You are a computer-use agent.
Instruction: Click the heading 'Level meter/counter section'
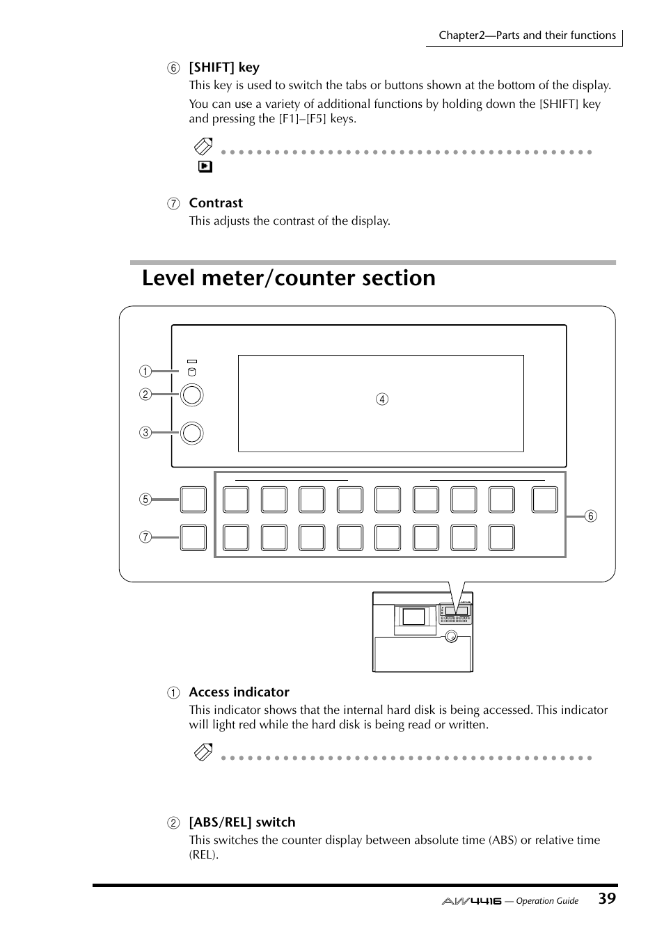[288, 278]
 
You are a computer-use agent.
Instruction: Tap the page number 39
[606, 898]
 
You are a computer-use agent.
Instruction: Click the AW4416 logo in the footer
[471, 900]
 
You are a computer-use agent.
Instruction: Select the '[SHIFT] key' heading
[223, 67]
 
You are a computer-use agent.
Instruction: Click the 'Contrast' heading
[216, 203]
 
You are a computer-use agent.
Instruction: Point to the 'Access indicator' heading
[239, 692]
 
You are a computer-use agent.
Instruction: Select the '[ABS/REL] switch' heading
[242, 822]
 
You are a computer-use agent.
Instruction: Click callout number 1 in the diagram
[145, 371]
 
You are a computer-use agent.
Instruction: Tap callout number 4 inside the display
[382, 399]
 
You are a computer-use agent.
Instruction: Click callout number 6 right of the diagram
[590, 516]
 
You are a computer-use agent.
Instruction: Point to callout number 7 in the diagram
[145, 537]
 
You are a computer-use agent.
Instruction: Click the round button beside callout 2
[191, 395]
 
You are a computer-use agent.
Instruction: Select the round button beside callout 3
[191, 433]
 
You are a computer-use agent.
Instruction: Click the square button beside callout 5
[193, 500]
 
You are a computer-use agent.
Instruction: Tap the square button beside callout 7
[193, 538]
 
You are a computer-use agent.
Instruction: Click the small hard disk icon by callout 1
[192, 372]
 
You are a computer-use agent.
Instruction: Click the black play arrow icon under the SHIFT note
[205, 167]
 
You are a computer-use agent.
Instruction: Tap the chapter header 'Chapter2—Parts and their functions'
[527, 35]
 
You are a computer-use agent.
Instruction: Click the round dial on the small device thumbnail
[451, 636]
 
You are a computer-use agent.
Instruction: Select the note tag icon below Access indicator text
[203, 752]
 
